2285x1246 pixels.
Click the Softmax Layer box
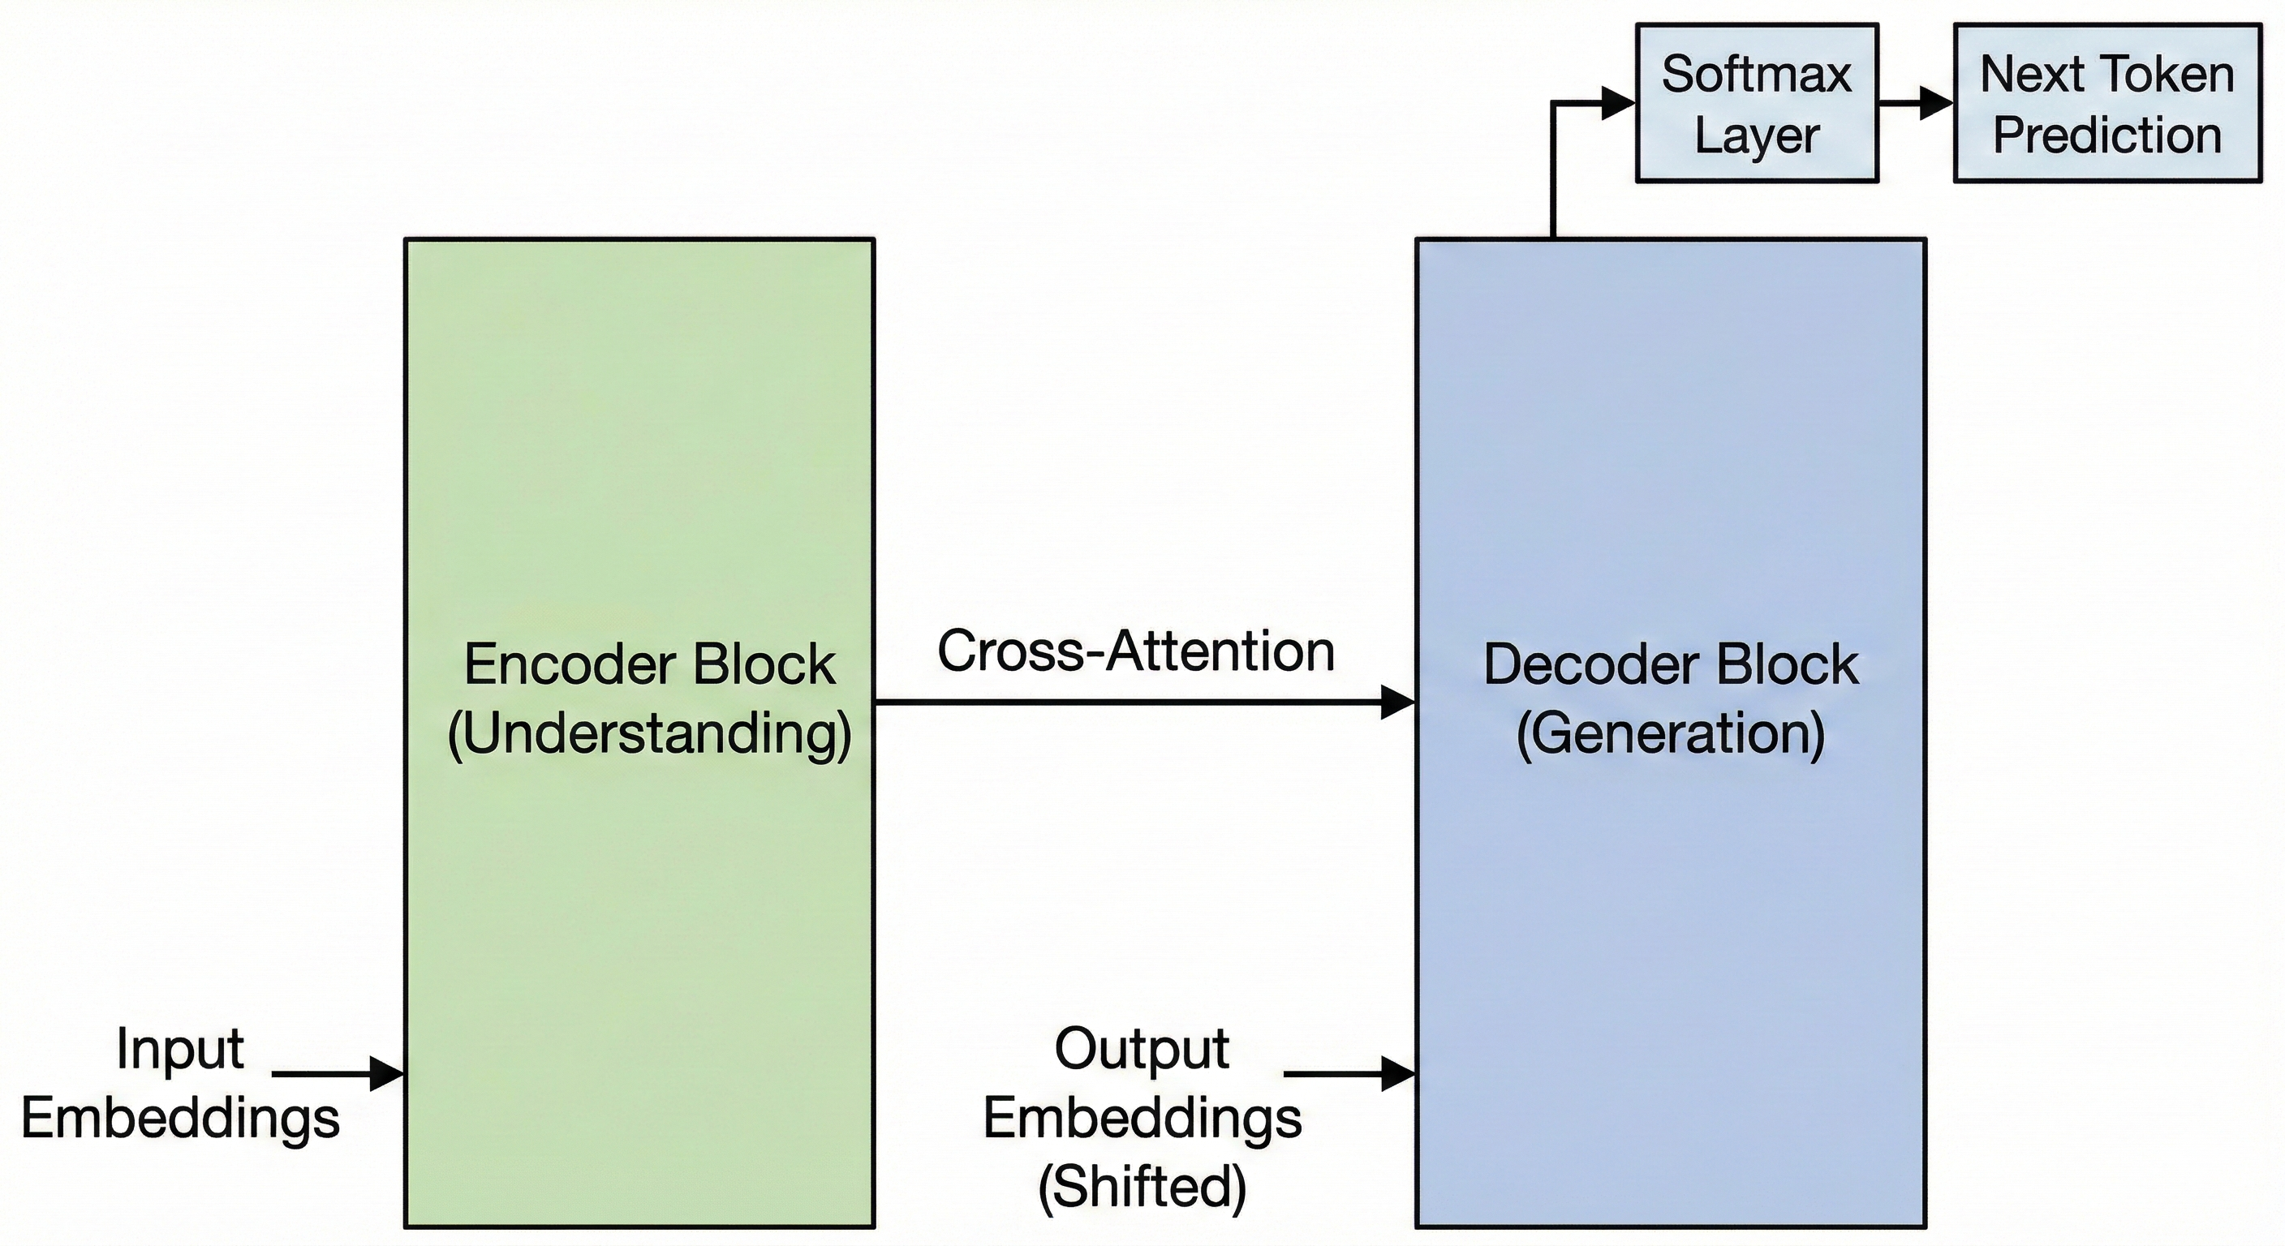(1756, 104)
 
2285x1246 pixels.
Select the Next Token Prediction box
(2106, 104)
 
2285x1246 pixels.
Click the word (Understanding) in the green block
(649, 734)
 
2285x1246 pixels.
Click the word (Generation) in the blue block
(1670, 734)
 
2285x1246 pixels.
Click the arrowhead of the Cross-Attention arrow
(1397, 703)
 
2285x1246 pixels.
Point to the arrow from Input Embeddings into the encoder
(337, 1074)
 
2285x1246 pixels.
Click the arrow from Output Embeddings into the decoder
(1349, 1074)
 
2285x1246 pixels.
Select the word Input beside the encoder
(180, 1049)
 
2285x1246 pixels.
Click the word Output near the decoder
(1142, 1049)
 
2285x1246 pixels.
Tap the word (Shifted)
(1142, 1186)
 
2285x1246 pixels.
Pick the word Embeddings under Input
(180, 1117)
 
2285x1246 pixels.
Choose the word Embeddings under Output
(1142, 1117)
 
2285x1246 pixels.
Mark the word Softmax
(1756, 74)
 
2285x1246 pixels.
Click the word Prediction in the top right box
(2106, 135)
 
